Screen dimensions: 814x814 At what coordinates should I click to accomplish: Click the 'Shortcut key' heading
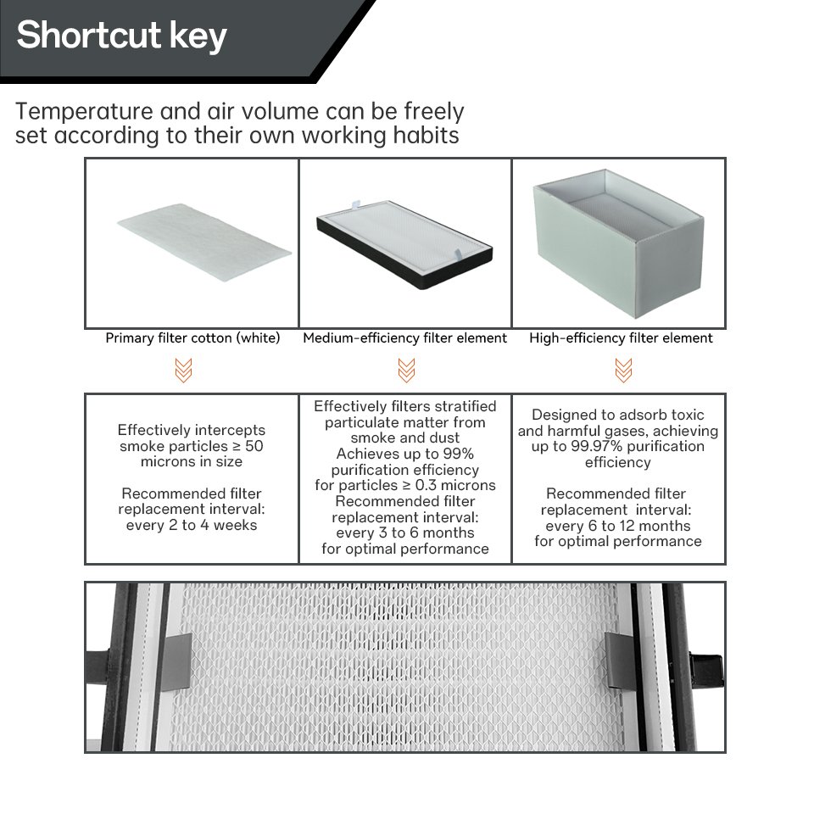(x=121, y=36)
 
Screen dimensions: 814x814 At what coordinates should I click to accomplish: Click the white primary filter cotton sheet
(x=204, y=242)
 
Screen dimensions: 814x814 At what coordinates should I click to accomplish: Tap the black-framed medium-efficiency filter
(x=405, y=244)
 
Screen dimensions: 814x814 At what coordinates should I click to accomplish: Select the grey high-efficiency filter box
(x=618, y=243)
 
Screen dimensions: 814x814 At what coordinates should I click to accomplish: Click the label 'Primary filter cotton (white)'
(x=192, y=338)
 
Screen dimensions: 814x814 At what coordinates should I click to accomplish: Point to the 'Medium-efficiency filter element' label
(x=405, y=338)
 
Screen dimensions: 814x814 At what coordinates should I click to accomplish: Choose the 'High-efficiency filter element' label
(x=621, y=338)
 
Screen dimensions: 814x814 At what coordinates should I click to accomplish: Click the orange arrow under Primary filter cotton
(x=184, y=371)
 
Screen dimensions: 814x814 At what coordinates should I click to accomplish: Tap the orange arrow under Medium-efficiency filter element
(x=406, y=371)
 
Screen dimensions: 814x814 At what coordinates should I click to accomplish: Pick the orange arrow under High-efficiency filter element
(x=623, y=371)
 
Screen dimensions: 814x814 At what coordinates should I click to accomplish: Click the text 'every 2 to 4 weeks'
(x=192, y=525)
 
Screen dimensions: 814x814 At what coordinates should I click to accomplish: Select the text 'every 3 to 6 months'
(x=405, y=532)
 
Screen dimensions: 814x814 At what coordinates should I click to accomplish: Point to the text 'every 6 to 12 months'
(x=618, y=526)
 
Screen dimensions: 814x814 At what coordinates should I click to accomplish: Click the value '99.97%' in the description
(x=596, y=446)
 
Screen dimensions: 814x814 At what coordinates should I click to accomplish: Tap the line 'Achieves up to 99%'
(x=405, y=454)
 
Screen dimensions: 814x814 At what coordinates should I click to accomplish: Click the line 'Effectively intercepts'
(x=192, y=430)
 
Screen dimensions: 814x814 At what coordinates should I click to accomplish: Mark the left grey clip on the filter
(x=176, y=662)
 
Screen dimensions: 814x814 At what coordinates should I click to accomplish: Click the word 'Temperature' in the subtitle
(x=84, y=112)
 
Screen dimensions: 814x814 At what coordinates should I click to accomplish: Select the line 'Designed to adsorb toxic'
(x=618, y=415)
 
